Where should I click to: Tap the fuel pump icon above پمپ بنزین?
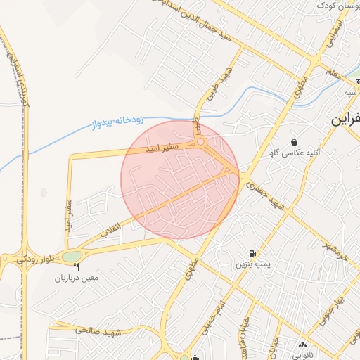pyautogui.click(x=251, y=253)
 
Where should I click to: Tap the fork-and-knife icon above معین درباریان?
pyautogui.click(x=77, y=267)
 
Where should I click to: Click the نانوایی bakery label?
pyautogui.click(x=303, y=355)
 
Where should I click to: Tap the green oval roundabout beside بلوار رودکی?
pyautogui.click(x=71, y=257)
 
